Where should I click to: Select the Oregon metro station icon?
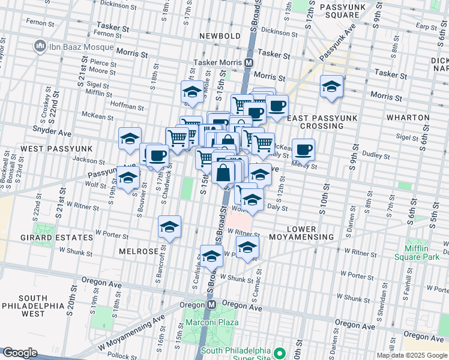point(211,305)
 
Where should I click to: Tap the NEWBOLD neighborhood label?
point(221,36)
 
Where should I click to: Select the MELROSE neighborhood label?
point(139,251)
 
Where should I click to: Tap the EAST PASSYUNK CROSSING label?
point(315,122)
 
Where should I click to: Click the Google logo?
point(20,353)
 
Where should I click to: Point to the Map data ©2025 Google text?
point(411,355)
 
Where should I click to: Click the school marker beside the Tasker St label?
point(331,86)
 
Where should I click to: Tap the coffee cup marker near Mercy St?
point(303,149)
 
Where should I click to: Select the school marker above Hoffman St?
point(192,92)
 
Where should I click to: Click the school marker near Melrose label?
point(169,227)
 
